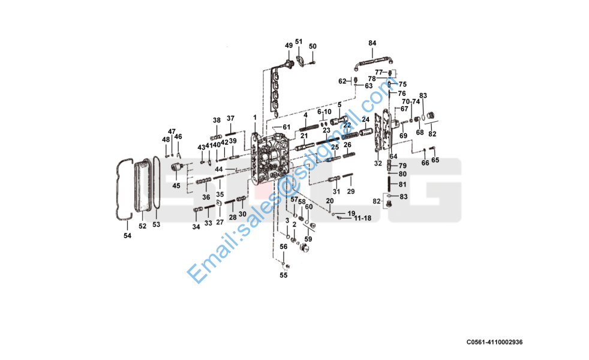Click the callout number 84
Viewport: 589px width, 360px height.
372,43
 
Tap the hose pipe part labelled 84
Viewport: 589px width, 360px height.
372,59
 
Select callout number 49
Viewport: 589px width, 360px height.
289,46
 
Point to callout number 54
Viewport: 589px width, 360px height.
127,236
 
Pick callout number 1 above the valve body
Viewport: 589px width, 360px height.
254,116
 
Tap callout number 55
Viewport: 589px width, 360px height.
283,275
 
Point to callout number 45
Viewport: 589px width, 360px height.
176,185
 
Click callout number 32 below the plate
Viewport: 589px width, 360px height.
378,163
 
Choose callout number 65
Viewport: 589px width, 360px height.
435,160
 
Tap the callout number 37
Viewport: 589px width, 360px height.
230,118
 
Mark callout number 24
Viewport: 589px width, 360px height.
365,119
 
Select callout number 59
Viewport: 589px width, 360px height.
308,239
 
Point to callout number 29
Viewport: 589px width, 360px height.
351,191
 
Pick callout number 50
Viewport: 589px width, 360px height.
312,46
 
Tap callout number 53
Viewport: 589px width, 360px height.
156,224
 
